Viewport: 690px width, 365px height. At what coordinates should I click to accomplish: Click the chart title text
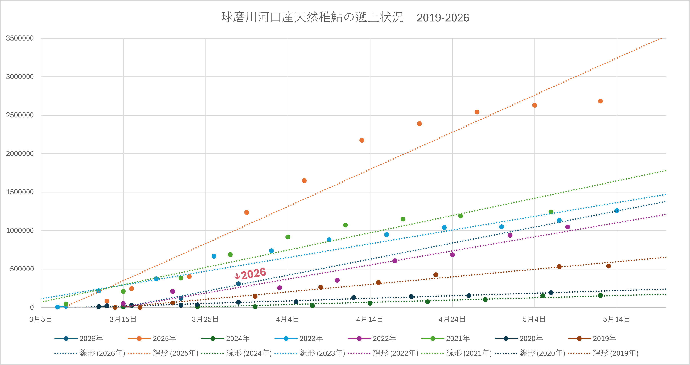pos(345,17)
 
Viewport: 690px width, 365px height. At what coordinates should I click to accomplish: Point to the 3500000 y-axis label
pos(20,38)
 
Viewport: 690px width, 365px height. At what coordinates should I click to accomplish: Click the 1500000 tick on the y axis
pos(20,192)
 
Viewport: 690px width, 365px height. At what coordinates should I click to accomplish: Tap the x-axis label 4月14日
pos(370,319)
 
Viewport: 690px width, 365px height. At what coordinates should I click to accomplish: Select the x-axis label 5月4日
pos(534,319)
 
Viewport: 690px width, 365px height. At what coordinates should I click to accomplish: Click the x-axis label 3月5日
pos(41,319)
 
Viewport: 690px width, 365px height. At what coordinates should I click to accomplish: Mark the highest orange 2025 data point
pos(600,101)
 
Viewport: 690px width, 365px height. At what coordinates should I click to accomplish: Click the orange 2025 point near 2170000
pos(362,140)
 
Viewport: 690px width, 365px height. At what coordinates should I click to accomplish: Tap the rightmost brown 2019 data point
pos(609,266)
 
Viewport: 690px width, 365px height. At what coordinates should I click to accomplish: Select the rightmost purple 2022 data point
pos(568,227)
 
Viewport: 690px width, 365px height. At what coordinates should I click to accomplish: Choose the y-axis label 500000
pos(22,269)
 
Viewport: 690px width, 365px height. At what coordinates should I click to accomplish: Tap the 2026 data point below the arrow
pos(238,284)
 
